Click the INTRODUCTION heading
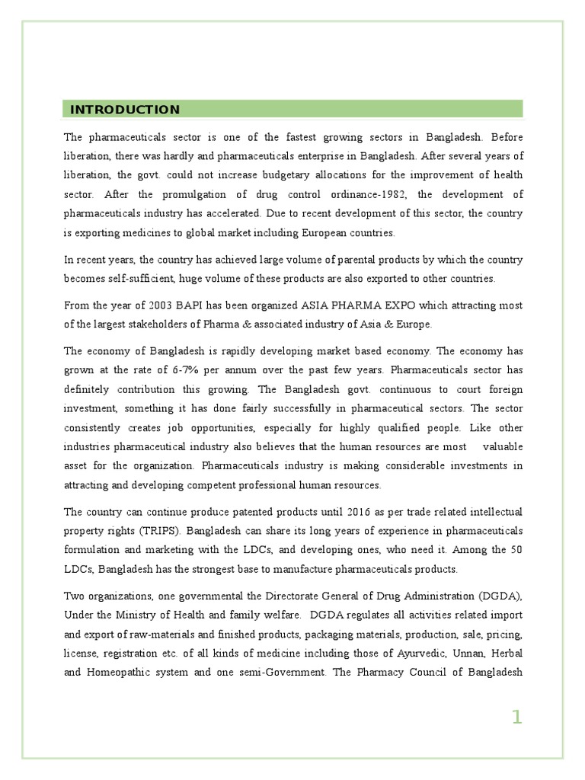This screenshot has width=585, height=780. point(125,110)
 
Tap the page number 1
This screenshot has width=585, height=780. point(517,717)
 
